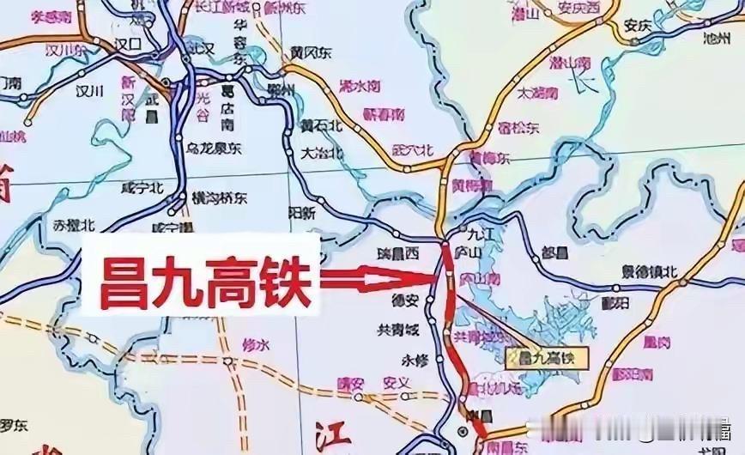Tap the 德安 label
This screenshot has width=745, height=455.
(x=406, y=301)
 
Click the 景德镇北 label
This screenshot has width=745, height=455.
(x=650, y=272)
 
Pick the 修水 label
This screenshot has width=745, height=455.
(x=257, y=344)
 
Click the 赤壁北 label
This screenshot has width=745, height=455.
(x=74, y=226)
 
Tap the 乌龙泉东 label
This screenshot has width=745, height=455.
(x=214, y=149)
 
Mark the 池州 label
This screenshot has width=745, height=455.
(x=715, y=39)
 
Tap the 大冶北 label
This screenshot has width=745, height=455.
(x=323, y=154)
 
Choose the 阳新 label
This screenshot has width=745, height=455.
(x=302, y=212)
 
